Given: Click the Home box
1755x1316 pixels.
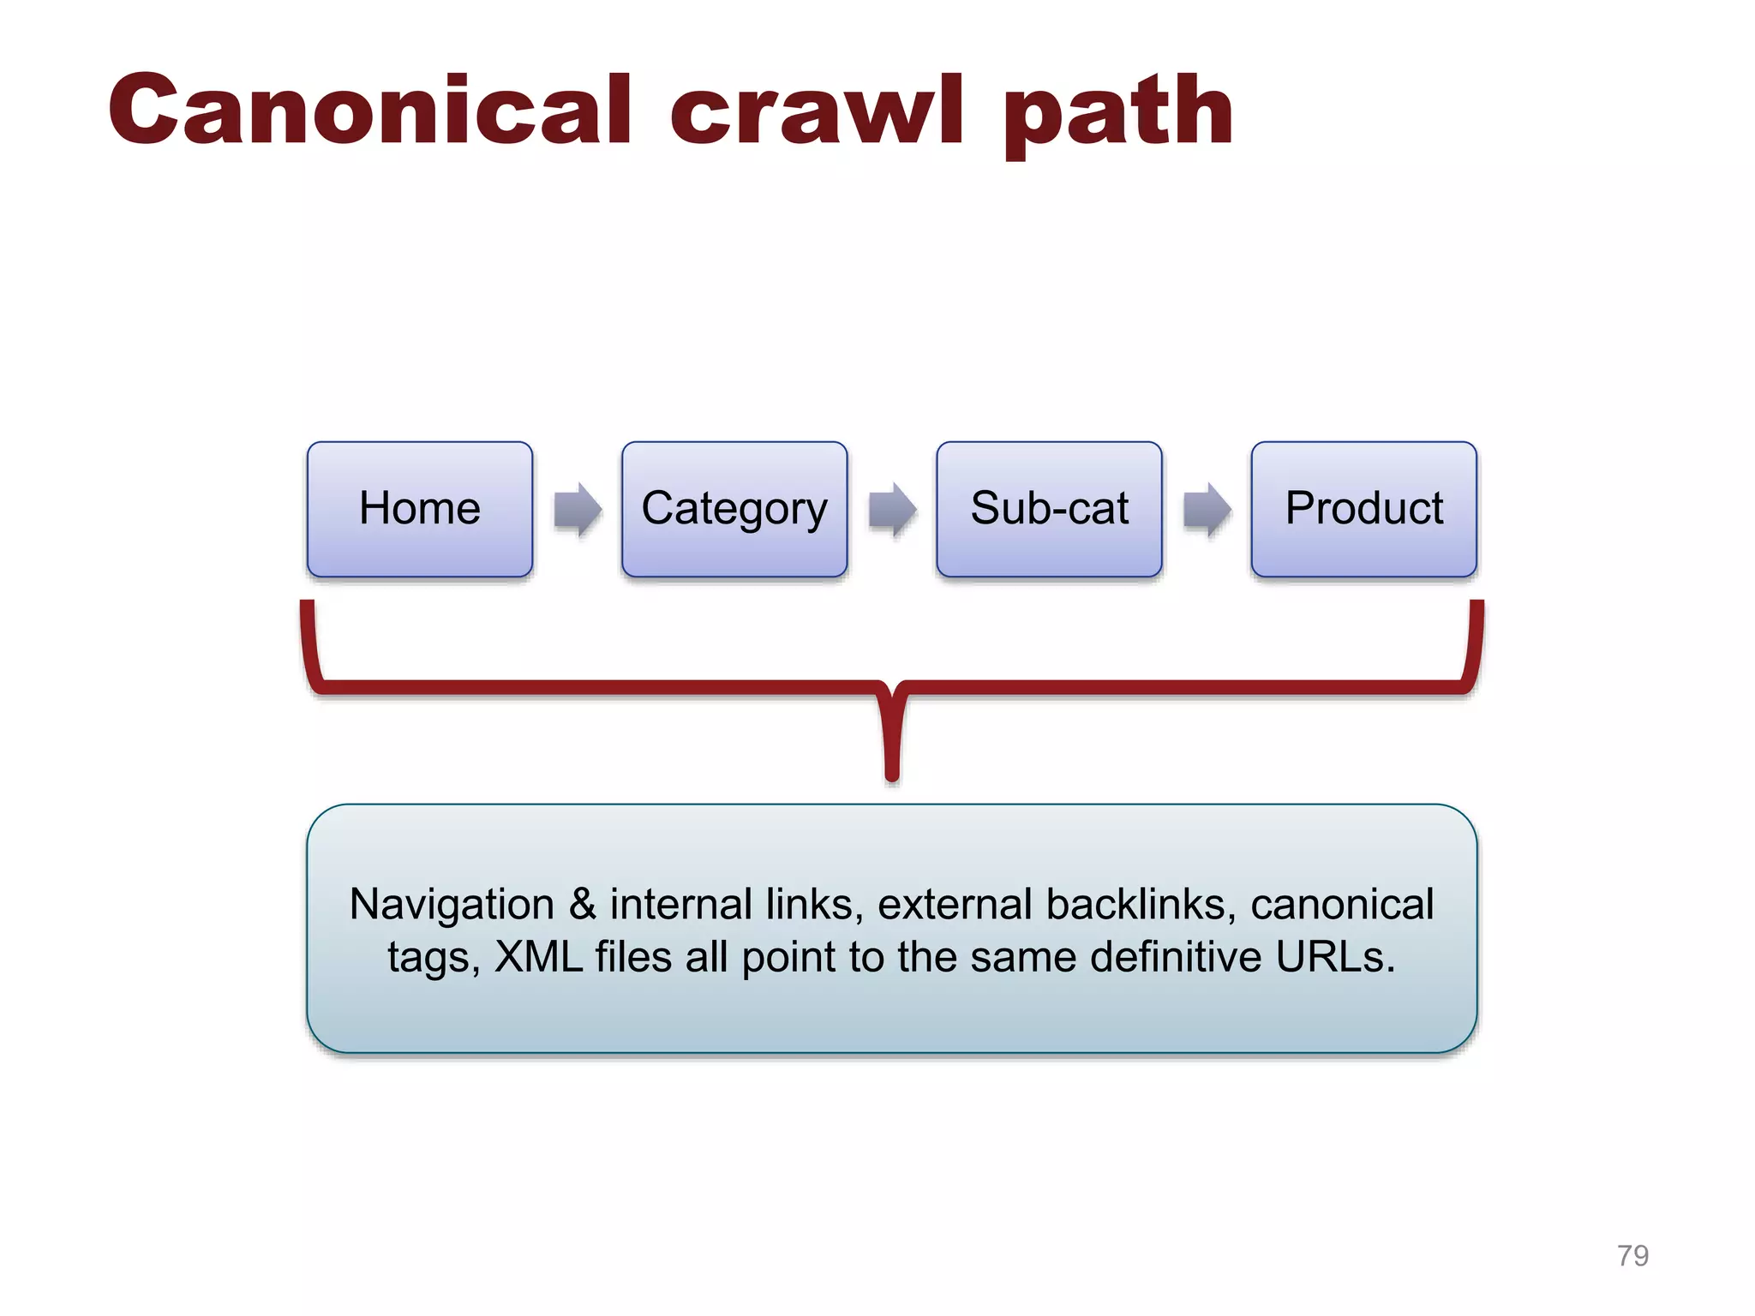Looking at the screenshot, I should click(419, 509).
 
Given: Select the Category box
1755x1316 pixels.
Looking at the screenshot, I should click(734, 509).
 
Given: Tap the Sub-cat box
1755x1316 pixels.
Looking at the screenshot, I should click(1049, 509).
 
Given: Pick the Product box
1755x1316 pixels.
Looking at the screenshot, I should click(1363, 509).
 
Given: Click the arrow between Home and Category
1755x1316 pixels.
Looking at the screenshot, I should click(578, 510).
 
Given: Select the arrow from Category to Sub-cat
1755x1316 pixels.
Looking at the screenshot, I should click(892, 510).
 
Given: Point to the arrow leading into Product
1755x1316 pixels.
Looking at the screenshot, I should click(1207, 510).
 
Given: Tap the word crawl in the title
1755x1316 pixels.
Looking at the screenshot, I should click(818, 111).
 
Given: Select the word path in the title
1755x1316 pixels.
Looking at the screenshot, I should click(1118, 116).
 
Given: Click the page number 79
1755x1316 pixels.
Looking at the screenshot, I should click(1632, 1255).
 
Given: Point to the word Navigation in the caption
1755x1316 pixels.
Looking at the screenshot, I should click(452, 905).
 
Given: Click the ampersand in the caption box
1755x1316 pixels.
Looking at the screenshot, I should click(583, 905).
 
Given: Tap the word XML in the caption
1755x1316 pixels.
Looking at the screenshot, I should click(539, 957).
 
